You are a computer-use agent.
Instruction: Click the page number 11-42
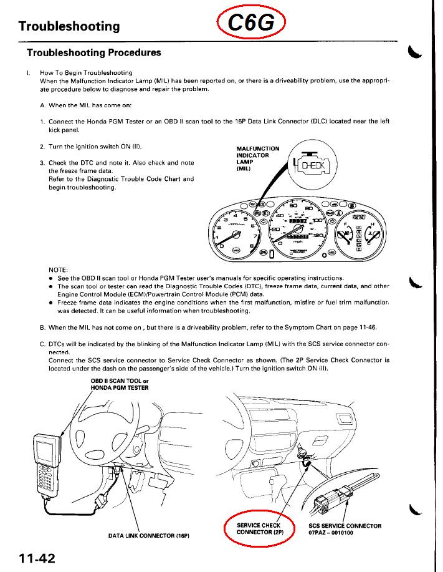tap(31, 558)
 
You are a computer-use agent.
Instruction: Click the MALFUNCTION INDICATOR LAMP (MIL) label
tap(258, 158)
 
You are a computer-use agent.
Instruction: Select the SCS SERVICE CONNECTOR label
tap(345, 526)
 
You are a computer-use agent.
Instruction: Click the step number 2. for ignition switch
tap(42, 147)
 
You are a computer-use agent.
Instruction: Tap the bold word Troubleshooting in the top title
tap(69, 26)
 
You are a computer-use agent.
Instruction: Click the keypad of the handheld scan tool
tap(43, 480)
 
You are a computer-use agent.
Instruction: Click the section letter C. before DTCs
tap(42, 344)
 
